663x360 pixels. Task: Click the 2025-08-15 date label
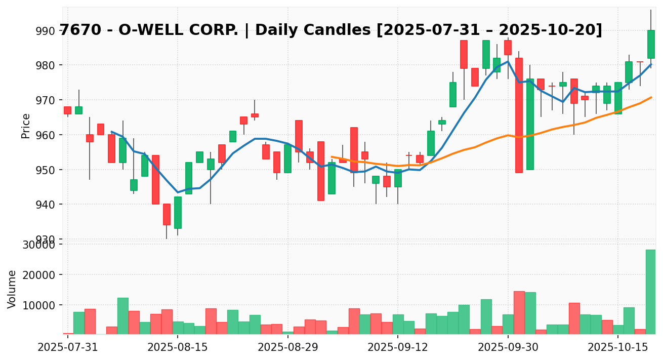point(178,348)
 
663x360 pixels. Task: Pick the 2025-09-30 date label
point(508,348)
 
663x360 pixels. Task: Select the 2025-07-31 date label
point(68,348)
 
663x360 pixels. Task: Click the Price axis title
point(26,126)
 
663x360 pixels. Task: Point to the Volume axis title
point(12,289)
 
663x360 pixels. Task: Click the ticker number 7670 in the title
point(77,30)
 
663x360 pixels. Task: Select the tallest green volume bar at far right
point(650,292)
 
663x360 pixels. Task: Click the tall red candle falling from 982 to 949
point(519,115)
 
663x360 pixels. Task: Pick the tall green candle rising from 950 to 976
point(530,124)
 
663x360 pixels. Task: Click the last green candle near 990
point(651,44)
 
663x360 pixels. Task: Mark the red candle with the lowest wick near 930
point(167,214)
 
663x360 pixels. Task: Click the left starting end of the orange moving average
point(332,157)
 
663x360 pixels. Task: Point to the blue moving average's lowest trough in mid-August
point(178,192)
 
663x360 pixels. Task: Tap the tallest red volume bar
point(519,312)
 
